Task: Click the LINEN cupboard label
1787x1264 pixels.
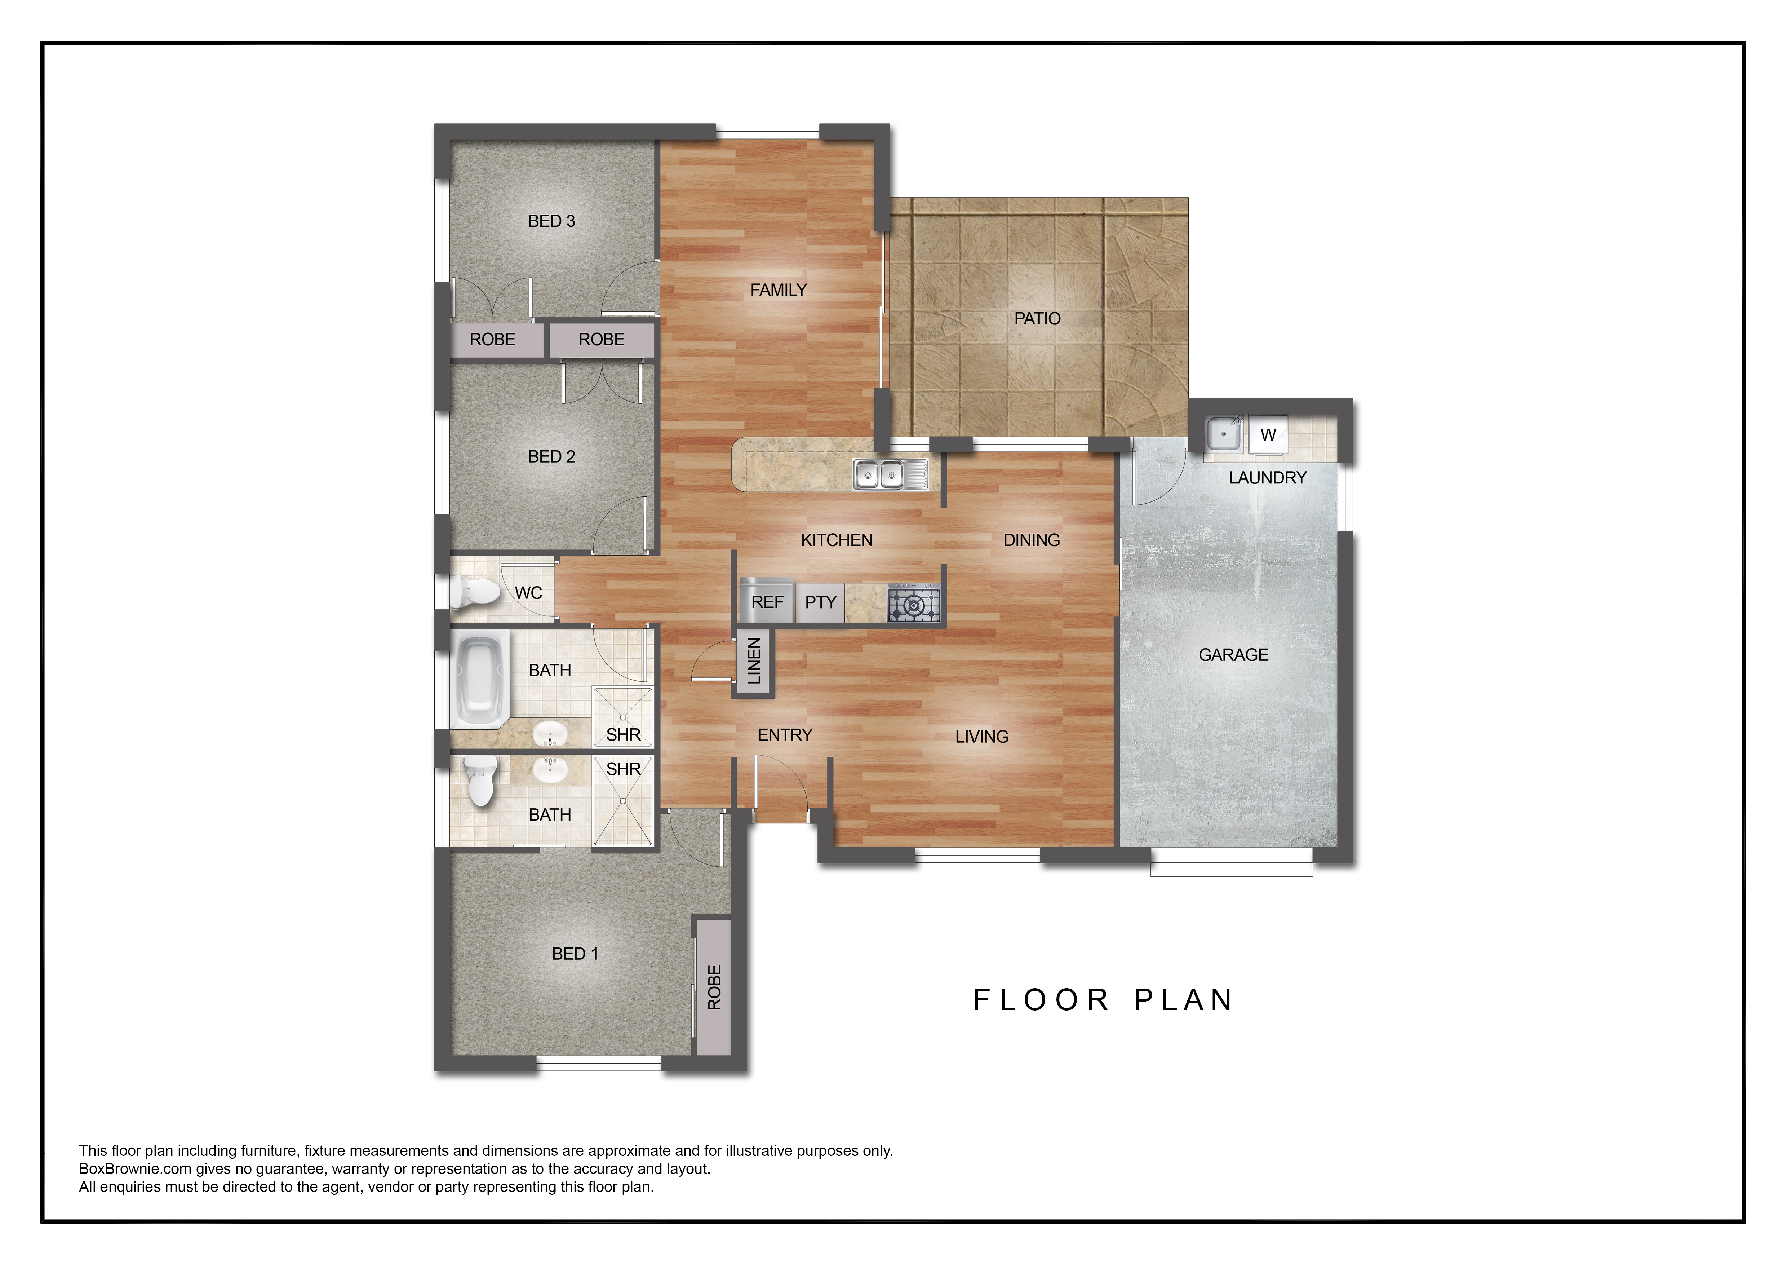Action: click(x=753, y=661)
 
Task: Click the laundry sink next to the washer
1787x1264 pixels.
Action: click(x=1224, y=433)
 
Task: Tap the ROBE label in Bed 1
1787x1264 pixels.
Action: click(x=714, y=988)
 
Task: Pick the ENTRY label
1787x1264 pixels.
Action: click(x=785, y=735)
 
